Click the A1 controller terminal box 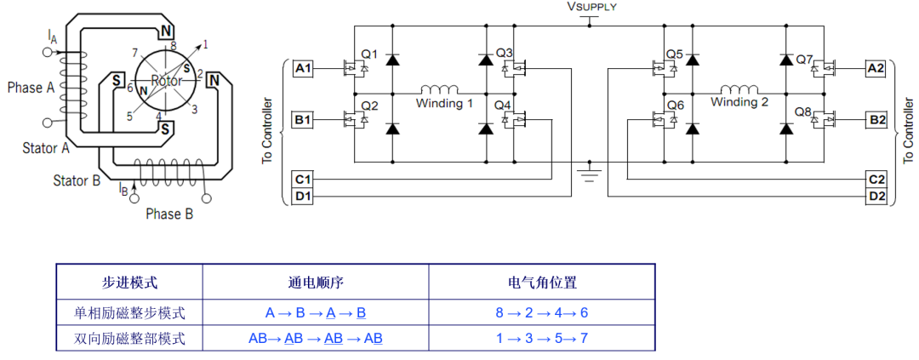click(x=303, y=68)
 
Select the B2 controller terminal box click(x=876, y=120)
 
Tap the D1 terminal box click(x=303, y=197)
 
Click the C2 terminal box click(x=876, y=180)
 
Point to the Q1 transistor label click(x=369, y=54)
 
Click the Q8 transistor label click(x=803, y=111)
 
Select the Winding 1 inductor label click(x=444, y=103)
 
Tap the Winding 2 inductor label click(x=739, y=102)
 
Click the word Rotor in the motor click(x=167, y=80)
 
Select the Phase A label click(x=31, y=88)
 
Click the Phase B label click(x=169, y=214)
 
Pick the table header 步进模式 click(x=129, y=283)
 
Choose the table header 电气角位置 click(x=542, y=283)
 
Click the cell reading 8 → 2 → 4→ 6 click(x=542, y=312)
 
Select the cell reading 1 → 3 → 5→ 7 click(x=542, y=339)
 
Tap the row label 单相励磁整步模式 click(x=129, y=312)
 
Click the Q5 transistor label click(x=675, y=54)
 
